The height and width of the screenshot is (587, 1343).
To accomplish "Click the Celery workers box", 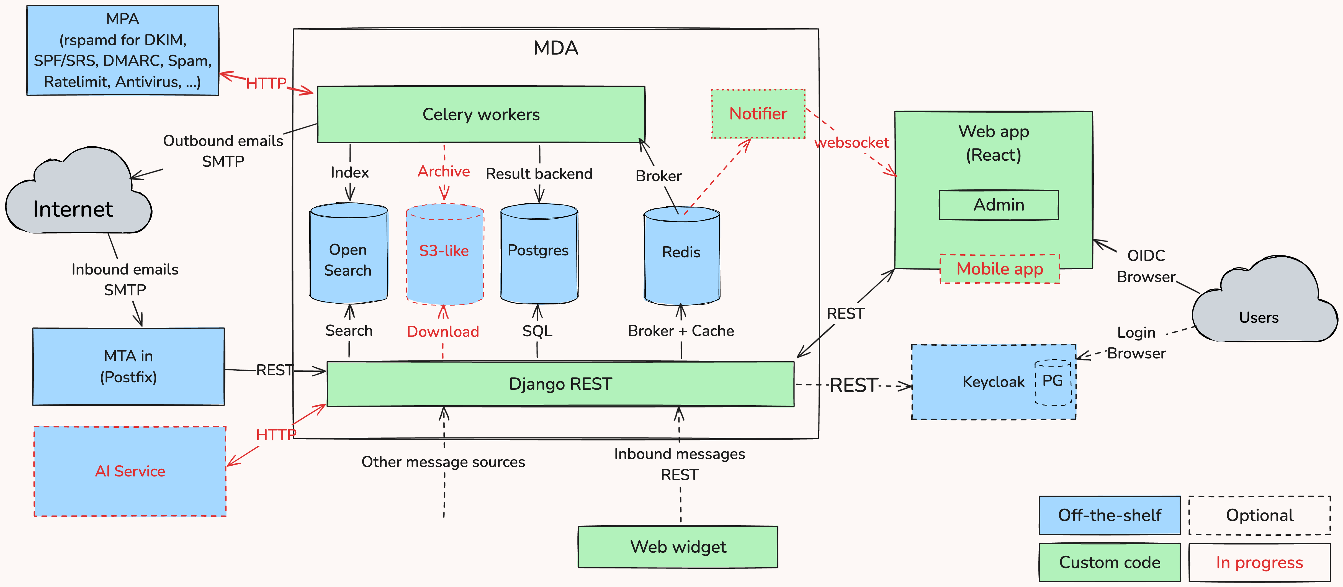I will coord(481,114).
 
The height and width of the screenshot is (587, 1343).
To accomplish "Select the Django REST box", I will coord(560,384).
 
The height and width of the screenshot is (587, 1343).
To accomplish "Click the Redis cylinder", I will coord(681,256).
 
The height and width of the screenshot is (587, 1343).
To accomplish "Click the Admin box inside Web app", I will coord(998,205).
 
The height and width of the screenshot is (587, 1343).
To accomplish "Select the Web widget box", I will coord(678,547).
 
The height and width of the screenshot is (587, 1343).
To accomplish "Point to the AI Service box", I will coord(130,471).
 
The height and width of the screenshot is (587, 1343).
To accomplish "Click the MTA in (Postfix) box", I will coord(128,366).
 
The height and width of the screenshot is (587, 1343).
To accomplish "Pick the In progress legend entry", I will coord(1259,562).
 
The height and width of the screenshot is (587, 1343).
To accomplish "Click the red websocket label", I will coord(851,142).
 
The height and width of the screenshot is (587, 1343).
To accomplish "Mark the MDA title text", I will coord(556,48).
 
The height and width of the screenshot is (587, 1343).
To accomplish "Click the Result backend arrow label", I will coord(539,174).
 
